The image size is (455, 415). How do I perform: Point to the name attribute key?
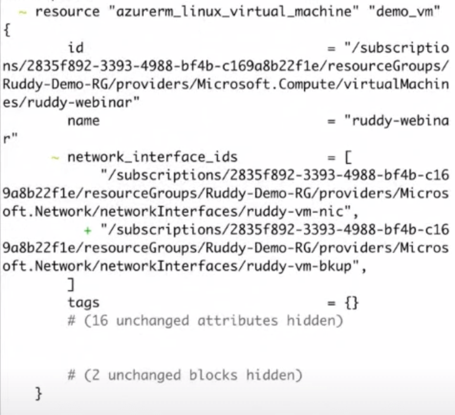(x=84, y=121)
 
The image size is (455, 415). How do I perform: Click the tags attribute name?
(x=84, y=303)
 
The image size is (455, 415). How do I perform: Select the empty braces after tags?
(x=352, y=303)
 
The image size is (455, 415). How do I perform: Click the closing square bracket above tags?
(x=71, y=284)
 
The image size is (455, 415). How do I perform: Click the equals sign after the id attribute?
(x=331, y=47)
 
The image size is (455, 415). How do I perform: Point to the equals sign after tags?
(x=331, y=303)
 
